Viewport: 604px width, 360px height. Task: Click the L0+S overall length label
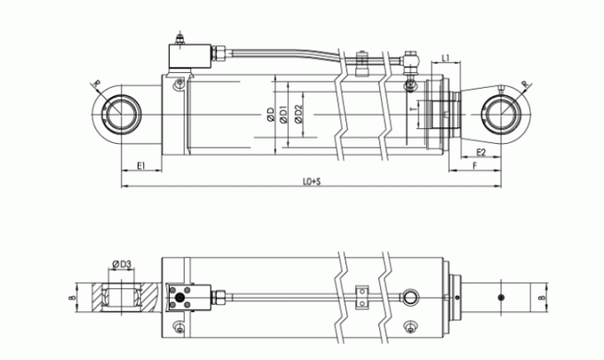point(311,182)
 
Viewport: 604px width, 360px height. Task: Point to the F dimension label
point(476,165)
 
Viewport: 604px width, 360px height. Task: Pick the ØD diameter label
point(268,115)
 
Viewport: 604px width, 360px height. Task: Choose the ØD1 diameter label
point(283,115)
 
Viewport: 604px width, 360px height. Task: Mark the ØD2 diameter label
point(299,115)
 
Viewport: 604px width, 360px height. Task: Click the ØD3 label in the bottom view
point(123,263)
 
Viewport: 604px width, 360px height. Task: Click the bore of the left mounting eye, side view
point(119,115)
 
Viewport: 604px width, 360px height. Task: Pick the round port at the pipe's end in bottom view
point(409,296)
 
